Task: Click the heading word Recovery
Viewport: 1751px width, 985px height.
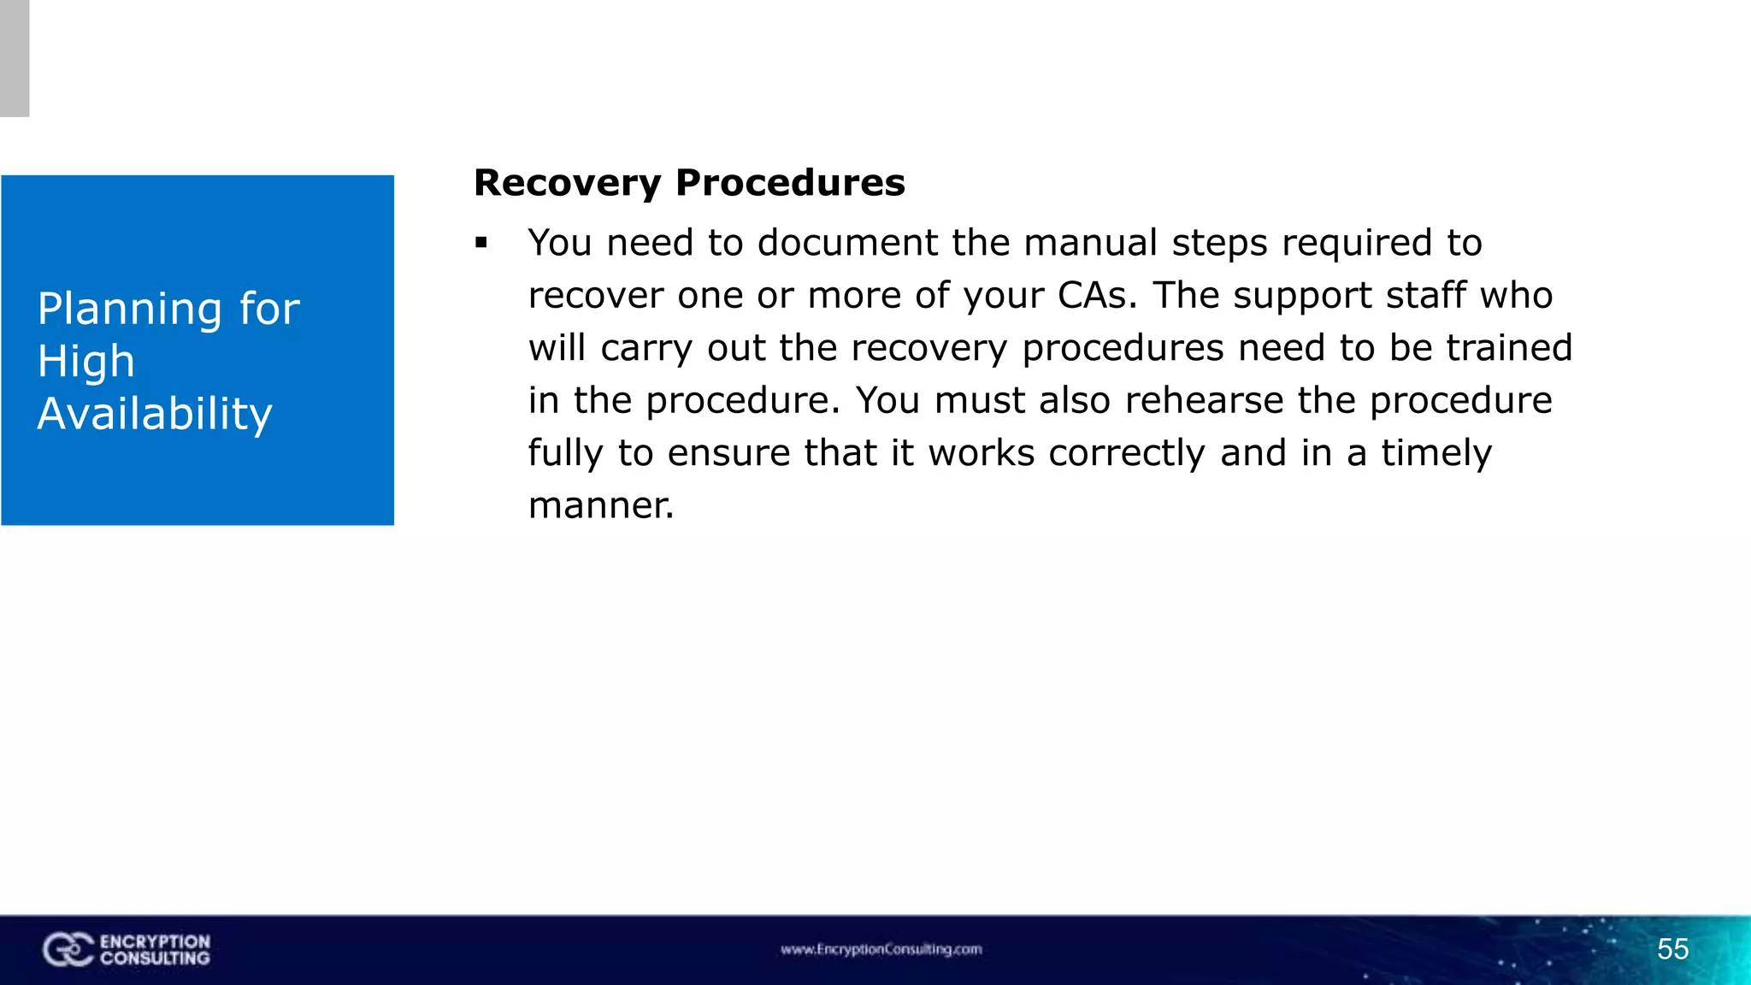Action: [x=568, y=183]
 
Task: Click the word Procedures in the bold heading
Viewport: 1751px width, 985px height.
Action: [x=790, y=183]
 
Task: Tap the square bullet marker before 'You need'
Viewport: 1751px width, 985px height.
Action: [x=481, y=244]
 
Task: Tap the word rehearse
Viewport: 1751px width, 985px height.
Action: [x=1204, y=401]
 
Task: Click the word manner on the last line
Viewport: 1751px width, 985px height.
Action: [x=601, y=505]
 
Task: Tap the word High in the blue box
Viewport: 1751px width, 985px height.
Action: [x=86, y=362]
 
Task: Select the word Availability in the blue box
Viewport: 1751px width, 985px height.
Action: [x=155, y=414]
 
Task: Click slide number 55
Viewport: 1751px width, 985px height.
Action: [x=1672, y=949]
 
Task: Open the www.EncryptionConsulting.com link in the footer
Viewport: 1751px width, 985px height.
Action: [x=881, y=949]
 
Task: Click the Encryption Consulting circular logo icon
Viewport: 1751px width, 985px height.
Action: [x=67, y=950]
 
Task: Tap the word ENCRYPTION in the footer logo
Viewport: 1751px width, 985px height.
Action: [x=155, y=941]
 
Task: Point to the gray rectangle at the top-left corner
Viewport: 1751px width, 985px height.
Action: [x=15, y=58]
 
